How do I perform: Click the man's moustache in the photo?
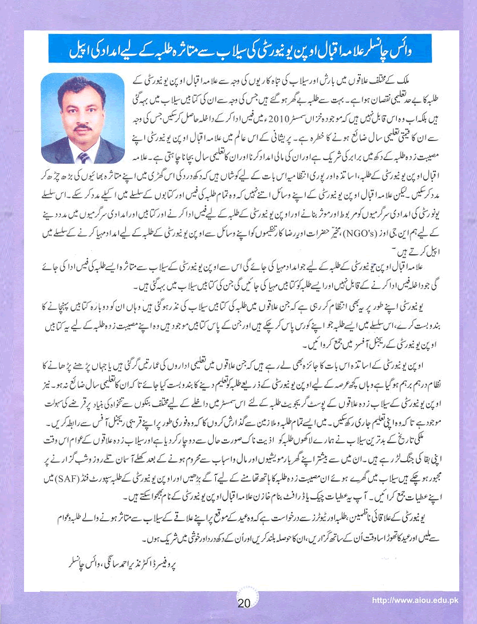84,127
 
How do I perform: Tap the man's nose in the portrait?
84,118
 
